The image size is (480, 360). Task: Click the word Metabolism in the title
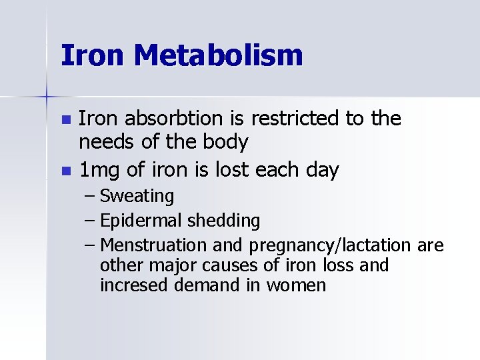coord(218,55)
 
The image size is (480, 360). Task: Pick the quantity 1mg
coord(100,171)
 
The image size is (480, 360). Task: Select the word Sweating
coord(137,197)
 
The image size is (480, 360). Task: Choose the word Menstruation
coord(153,246)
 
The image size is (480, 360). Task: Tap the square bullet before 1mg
coord(65,171)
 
